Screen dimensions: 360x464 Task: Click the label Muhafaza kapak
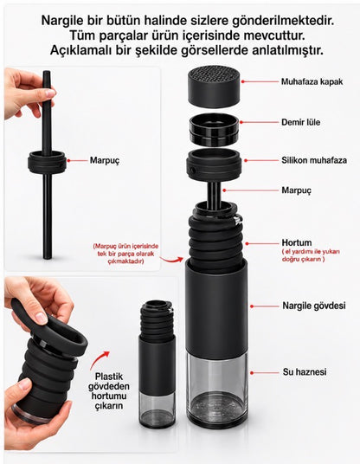pos(312,81)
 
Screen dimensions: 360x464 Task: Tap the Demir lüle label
pos(300,122)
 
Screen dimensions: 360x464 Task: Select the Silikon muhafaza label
pos(314,160)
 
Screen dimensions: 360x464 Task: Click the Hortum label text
pos(297,242)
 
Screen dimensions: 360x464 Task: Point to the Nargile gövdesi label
pos(314,306)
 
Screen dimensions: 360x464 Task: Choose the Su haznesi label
pos(305,371)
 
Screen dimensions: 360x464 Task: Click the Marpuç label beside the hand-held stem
pos(105,161)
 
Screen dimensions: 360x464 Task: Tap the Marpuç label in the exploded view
pos(297,190)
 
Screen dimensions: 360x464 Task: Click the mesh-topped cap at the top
pos(214,87)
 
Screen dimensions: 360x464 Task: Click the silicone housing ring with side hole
pos(214,165)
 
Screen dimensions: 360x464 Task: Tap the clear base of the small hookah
pos(157,409)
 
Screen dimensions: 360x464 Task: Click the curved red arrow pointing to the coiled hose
pos(171,260)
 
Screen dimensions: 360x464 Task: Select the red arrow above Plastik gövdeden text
pos(100,360)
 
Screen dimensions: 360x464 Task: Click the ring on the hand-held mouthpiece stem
pos(48,163)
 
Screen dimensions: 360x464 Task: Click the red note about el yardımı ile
pos(311,255)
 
